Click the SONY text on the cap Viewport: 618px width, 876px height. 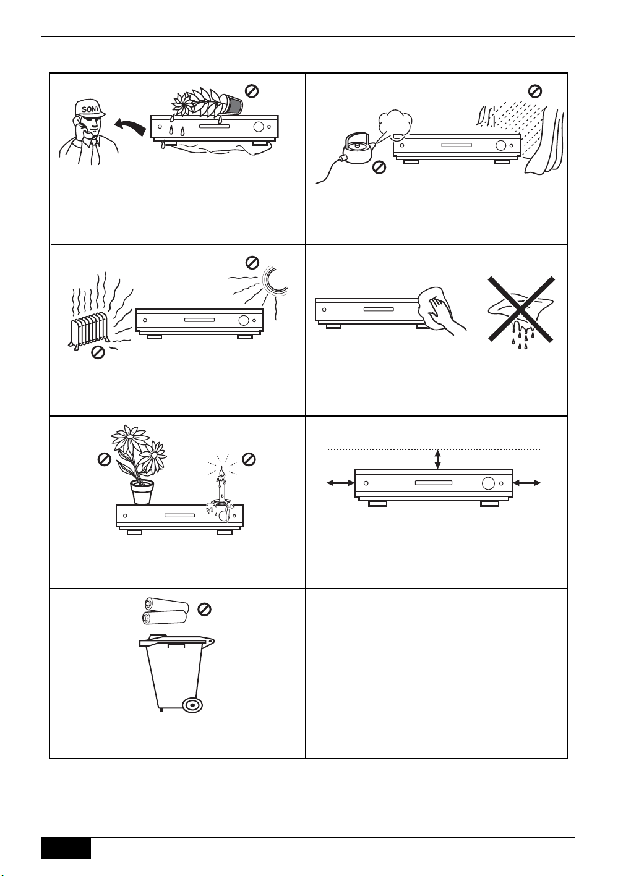[90, 108]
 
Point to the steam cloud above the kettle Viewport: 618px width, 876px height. [395, 121]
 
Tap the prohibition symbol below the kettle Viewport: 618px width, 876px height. [379, 168]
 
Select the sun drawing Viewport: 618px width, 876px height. [275, 280]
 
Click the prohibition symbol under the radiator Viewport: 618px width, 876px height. [98, 353]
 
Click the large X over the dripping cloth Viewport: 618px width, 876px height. [521, 309]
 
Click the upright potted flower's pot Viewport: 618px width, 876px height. [142, 492]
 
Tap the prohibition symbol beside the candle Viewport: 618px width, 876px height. [249, 459]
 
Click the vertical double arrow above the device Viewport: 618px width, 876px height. [437, 459]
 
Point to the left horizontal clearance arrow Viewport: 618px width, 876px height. [341, 483]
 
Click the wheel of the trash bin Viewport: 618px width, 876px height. [192, 704]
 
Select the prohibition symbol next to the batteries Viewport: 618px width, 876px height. [204, 610]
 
